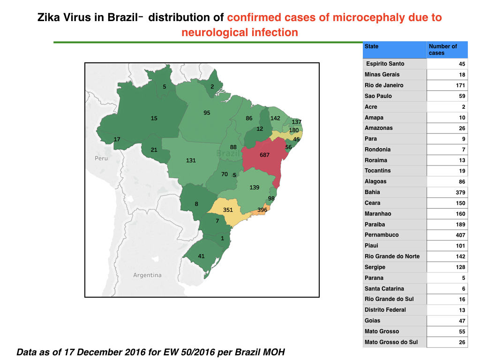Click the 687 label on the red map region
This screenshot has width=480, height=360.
point(264,155)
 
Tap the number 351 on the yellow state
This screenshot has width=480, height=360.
point(228,210)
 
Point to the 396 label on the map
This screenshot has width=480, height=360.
point(262,210)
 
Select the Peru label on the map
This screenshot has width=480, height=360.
point(101,158)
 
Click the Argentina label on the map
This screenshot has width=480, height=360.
point(147,275)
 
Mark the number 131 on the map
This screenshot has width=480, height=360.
point(191,160)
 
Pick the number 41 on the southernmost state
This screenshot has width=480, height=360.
point(201,256)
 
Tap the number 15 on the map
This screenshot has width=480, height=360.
point(154,118)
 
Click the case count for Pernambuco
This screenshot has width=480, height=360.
point(460,235)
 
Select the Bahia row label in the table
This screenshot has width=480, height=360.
point(372,192)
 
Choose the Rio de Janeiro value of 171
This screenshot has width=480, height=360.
point(460,85)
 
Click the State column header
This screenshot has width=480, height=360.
point(371,46)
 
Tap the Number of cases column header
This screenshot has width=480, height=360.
point(442,50)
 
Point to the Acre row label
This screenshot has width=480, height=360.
point(371,107)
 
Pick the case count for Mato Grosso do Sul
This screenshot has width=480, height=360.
point(462,342)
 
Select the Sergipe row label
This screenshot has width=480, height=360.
point(375,267)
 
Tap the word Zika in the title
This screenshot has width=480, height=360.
point(49,17)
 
